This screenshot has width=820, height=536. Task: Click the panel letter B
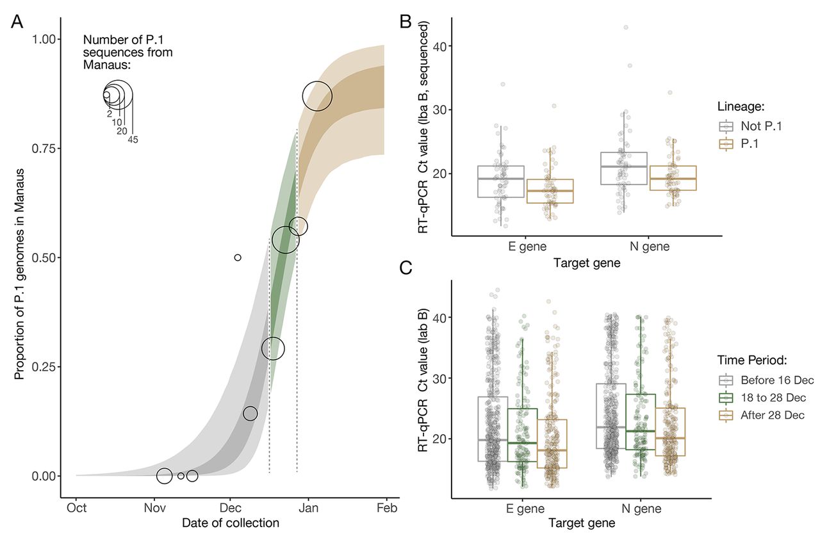click(x=406, y=21)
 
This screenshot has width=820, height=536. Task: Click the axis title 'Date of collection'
click(x=231, y=523)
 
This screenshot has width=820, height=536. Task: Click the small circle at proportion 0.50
click(x=238, y=257)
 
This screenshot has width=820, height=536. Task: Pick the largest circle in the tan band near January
click(x=317, y=97)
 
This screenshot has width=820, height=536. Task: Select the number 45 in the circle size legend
click(x=133, y=139)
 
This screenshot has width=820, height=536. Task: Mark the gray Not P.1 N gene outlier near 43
click(x=626, y=28)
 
